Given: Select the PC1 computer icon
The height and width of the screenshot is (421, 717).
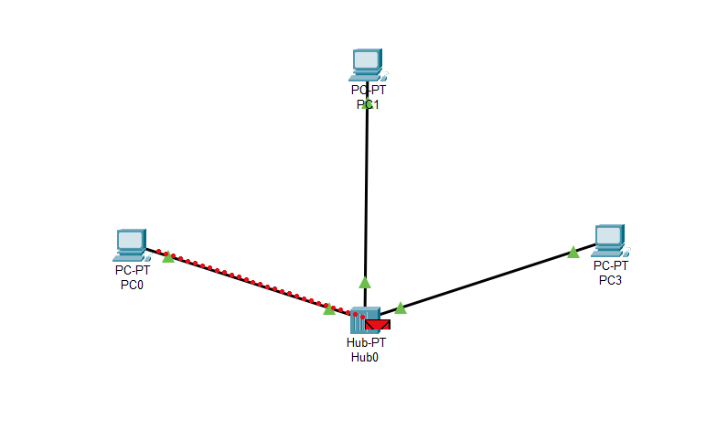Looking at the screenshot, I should click(366, 65).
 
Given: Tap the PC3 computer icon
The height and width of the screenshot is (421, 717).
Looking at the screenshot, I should click(608, 241).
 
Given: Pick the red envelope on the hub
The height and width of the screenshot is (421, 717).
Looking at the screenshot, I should click(377, 324).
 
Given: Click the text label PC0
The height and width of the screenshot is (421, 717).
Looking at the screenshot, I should click(132, 284).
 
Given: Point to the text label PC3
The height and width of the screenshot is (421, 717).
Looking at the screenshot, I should click(610, 279).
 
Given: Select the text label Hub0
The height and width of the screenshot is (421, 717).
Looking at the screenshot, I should click(365, 358).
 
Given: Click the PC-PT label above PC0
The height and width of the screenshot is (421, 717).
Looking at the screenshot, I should click(132, 270).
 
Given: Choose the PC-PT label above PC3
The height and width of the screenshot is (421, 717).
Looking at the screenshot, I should click(610, 265).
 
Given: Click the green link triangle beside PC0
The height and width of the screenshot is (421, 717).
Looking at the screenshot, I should click(168, 257).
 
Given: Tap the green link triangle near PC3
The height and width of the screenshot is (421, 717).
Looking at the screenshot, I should click(573, 252).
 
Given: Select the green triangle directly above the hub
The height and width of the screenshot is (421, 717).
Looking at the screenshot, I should click(365, 282).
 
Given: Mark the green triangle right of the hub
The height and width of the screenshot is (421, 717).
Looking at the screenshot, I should click(401, 308).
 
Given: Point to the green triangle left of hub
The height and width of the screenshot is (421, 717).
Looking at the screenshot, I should click(329, 309).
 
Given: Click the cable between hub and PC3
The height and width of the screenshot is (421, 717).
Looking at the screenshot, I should click(485, 278).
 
